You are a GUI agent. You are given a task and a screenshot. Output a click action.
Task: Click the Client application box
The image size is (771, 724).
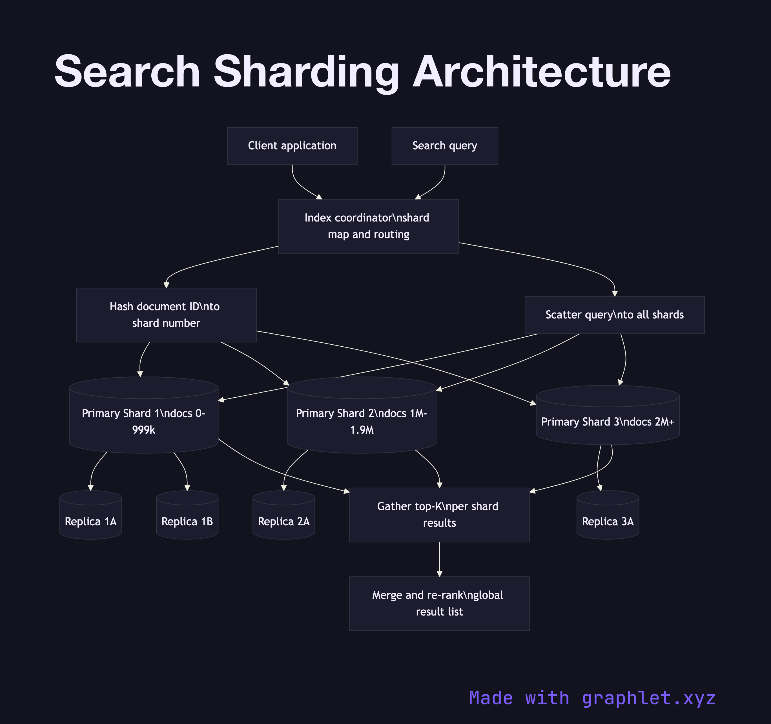tap(292, 146)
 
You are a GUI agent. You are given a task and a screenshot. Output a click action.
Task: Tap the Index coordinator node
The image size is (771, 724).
tap(368, 226)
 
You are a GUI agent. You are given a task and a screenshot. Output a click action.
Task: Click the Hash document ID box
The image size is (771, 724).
tap(166, 315)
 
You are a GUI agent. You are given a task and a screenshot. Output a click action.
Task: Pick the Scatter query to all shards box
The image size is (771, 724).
tap(614, 315)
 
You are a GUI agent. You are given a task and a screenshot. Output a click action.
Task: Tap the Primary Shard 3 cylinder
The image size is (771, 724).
tap(607, 422)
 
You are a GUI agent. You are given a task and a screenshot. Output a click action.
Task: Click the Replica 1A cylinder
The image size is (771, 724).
tap(90, 521)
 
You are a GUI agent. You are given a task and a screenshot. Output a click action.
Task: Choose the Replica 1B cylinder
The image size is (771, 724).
tap(187, 521)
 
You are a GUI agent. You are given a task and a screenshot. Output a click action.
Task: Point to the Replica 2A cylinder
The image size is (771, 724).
tap(283, 521)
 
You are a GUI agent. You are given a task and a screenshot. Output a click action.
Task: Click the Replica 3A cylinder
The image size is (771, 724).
tap(607, 521)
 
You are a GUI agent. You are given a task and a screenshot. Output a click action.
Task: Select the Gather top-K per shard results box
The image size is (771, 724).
tap(439, 515)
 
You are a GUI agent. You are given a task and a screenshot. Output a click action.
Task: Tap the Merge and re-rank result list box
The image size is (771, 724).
tap(439, 603)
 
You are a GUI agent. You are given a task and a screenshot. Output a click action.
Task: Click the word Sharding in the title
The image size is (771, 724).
tap(306, 72)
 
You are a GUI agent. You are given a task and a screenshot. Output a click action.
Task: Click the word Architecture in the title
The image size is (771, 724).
tap(541, 72)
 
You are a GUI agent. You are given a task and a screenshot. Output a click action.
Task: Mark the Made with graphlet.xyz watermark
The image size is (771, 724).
tap(592, 698)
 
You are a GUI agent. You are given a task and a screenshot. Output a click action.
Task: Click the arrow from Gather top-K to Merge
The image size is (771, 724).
tap(439, 558)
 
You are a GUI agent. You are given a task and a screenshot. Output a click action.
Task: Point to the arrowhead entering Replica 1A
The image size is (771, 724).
tap(91, 488)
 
